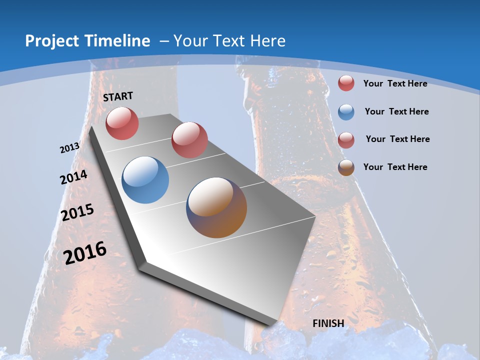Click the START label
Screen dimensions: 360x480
tap(118, 96)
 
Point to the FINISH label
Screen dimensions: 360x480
tap(328, 323)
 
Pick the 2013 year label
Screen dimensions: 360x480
tap(69, 148)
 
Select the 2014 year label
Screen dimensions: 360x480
tap(74, 177)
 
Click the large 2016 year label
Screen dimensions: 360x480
tap(85, 253)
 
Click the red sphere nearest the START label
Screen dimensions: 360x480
tap(122, 123)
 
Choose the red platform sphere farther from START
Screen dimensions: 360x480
tap(189, 139)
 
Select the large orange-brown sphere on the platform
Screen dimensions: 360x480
tap(216, 207)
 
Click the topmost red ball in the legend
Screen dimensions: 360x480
tap(346, 83)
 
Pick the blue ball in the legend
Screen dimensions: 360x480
tap(346, 112)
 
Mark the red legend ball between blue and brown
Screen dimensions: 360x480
tap(346, 140)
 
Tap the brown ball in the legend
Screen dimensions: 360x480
tap(346, 167)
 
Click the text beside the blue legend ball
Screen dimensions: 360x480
tap(396, 111)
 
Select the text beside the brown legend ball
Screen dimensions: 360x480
tap(395, 167)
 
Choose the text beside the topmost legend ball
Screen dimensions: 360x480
tap(395, 83)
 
